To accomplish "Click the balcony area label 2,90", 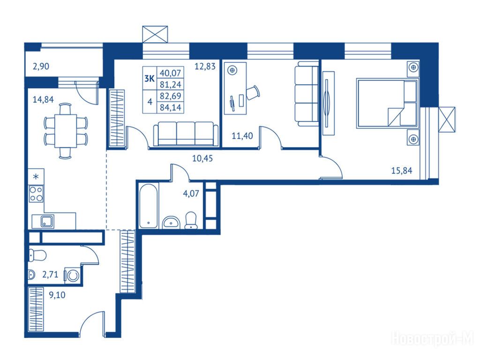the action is click(x=41, y=67).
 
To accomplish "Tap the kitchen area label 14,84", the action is click(x=43, y=99).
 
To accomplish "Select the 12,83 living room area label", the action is click(x=205, y=66).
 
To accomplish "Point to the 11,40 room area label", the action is click(x=242, y=135).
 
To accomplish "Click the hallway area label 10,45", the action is click(x=202, y=158).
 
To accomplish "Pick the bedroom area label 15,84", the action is click(x=402, y=171).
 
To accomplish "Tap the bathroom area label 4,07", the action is click(x=191, y=194).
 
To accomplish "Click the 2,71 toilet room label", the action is click(x=50, y=274).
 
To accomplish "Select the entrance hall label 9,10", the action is click(x=57, y=295).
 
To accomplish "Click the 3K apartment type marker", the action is click(x=150, y=79).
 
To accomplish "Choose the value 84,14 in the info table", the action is click(x=171, y=108).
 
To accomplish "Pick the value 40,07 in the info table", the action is click(x=171, y=73).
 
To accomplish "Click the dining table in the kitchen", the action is click(x=66, y=131).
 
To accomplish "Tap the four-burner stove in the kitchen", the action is click(x=36, y=194).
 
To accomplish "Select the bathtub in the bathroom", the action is click(x=149, y=206).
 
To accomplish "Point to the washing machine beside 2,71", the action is click(x=73, y=276).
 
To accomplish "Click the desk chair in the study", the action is click(x=253, y=92).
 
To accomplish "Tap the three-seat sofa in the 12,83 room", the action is click(x=186, y=134).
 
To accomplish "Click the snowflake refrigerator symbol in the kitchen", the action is click(x=36, y=177).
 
